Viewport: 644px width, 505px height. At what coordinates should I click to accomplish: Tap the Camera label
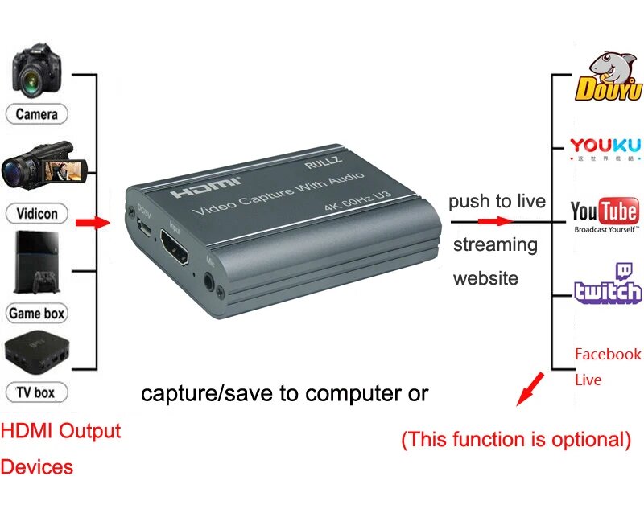tap(37, 114)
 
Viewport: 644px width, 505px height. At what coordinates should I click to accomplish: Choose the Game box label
tap(37, 313)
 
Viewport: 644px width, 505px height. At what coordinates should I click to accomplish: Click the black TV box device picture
tap(37, 355)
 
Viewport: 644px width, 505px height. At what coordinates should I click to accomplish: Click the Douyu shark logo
tap(607, 77)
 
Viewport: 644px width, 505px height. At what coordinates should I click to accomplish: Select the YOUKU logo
tap(605, 147)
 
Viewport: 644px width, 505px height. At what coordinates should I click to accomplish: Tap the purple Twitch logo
tap(608, 285)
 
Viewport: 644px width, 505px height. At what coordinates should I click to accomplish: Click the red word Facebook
tap(608, 354)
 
